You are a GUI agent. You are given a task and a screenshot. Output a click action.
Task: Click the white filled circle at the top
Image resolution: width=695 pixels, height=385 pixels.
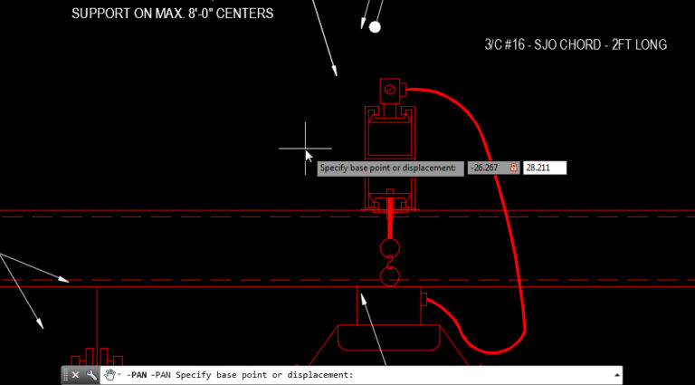(x=375, y=27)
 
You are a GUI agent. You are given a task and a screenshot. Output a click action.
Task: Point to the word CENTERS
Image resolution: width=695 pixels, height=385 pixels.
(x=244, y=14)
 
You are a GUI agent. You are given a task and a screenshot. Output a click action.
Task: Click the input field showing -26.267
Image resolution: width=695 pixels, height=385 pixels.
(x=488, y=168)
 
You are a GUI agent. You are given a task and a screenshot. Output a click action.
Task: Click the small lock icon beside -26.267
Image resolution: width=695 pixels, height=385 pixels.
(x=514, y=168)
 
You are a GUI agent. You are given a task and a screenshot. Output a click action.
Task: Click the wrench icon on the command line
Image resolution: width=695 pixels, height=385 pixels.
(x=91, y=375)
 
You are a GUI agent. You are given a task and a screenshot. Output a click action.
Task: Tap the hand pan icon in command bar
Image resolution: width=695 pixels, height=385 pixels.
(x=110, y=375)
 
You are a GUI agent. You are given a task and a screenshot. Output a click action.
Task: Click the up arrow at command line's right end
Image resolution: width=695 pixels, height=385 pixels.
(x=617, y=374)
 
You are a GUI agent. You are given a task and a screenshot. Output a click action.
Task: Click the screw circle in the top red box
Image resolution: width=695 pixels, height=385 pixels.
(x=390, y=90)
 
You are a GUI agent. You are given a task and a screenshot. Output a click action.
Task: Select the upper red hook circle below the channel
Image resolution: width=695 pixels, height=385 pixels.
(x=390, y=248)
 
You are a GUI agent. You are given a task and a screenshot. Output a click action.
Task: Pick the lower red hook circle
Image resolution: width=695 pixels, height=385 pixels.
(x=390, y=275)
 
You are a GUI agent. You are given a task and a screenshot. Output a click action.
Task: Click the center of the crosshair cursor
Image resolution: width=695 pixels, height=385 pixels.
(x=305, y=148)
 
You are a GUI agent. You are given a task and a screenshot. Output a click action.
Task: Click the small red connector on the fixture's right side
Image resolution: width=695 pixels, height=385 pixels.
(x=422, y=300)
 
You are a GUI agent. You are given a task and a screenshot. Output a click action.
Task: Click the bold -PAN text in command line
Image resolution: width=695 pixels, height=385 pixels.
(x=136, y=375)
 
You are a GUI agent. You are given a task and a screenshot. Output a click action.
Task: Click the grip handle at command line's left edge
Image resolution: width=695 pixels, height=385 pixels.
(x=65, y=375)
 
